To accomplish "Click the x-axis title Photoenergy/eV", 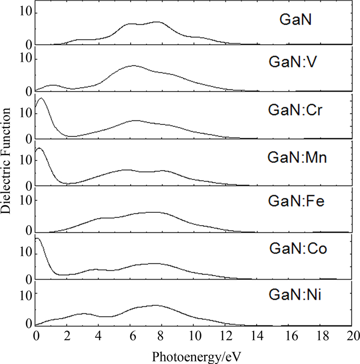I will [x=193, y=355].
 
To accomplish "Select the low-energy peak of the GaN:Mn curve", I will [x=39, y=149].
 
